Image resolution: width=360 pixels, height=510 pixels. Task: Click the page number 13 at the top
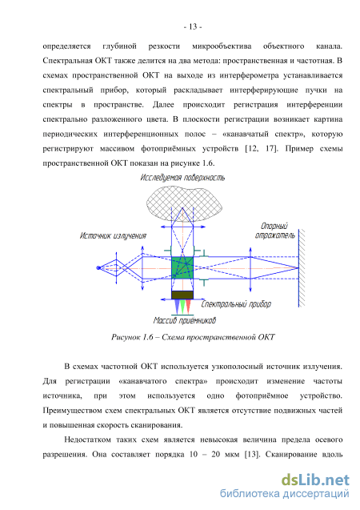pyautogui.click(x=193, y=27)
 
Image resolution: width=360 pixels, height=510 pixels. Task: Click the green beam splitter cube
pyautogui.click(x=182, y=267)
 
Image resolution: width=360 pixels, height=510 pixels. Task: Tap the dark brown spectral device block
pyautogui.click(x=182, y=295)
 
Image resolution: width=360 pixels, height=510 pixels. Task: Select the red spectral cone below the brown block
pyautogui.click(x=188, y=307)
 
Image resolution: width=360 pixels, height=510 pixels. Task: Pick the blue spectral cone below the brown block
pyautogui.click(x=177, y=307)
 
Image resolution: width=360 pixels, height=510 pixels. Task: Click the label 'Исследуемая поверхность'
pyautogui.click(x=182, y=178)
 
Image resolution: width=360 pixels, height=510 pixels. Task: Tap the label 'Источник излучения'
pyautogui.click(x=113, y=235)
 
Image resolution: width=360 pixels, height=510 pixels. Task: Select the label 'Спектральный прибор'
pyautogui.click(x=236, y=304)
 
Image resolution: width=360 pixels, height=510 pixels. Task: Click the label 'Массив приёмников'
pyautogui.click(x=185, y=320)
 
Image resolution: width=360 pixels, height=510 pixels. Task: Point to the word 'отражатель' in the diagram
pyautogui.click(x=275, y=235)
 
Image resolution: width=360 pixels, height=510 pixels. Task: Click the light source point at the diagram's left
pyautogui.click(x=98, y=267)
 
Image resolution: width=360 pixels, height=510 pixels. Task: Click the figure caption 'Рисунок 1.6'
pyautogui.click(x=132, y=337)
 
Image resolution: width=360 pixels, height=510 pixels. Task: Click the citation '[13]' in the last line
pyautogui.click(x=252, y=454)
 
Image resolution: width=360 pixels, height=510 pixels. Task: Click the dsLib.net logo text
pyautogui.click(x=315, y=480)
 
